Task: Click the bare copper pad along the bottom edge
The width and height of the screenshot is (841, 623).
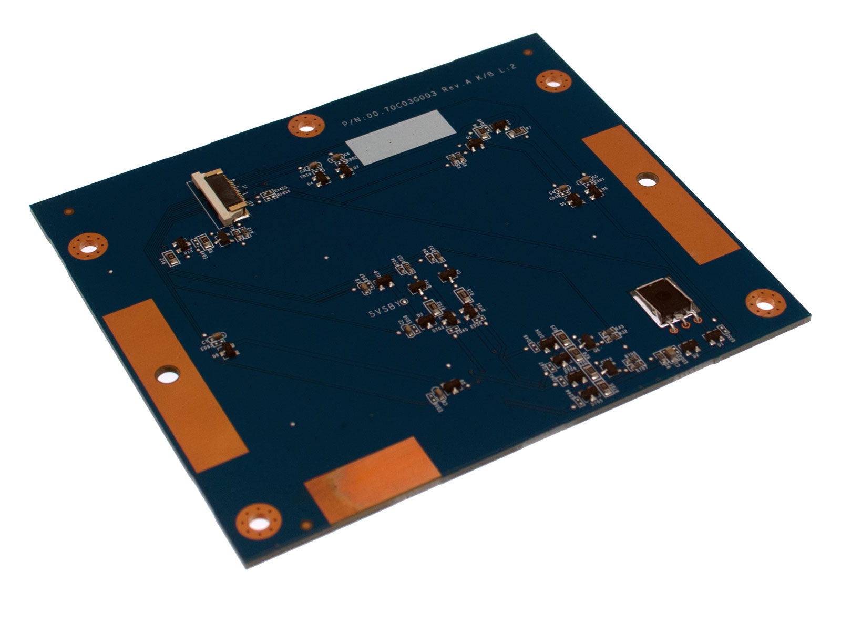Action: pyautogui.click(x=372, y=479)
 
